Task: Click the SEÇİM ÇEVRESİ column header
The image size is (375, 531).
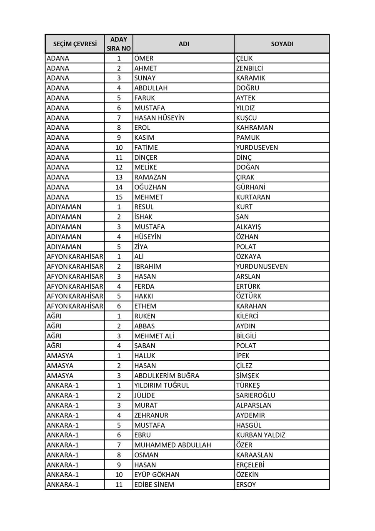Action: [x=75, y=44]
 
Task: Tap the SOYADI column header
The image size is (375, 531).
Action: [x=282, y=44]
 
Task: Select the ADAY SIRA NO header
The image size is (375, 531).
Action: [x=119, y=44]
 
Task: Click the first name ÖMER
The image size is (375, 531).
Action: [x=144, y=58]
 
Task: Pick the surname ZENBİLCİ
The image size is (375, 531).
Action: [x=250, y=68]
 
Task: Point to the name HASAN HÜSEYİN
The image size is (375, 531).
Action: [x=159, y=118]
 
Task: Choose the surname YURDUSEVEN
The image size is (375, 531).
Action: [x=257, y=148]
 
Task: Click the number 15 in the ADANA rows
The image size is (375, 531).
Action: [x=119, y=197]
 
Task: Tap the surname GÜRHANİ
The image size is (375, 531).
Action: [x=250, y=187]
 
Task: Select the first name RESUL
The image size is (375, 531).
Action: [x=144, y=207]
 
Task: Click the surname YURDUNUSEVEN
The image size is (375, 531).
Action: [x=262, y=267]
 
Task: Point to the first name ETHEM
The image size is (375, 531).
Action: [x=145, y=306]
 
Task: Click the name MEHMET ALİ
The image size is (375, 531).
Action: [x=154, y=336]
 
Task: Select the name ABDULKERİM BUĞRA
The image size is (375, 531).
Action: [x=167, y=376]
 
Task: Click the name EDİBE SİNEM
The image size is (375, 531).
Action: [x=154, y=485]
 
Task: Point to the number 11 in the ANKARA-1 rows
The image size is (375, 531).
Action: [x=119, y=485]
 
